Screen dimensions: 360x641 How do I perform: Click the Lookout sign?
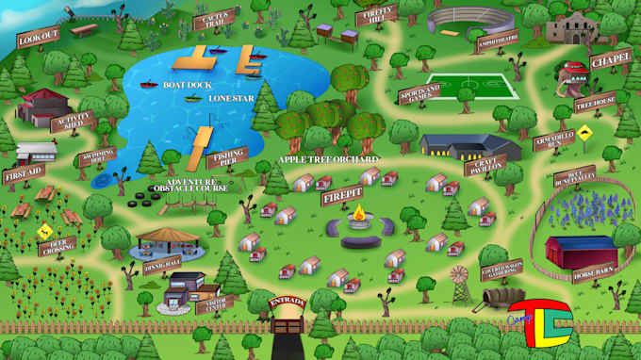(x=39, y=37)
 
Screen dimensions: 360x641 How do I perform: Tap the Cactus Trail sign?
(x=213, y=19)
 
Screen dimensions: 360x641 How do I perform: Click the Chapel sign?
(x=611, y=59)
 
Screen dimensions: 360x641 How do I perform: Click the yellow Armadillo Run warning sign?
(x=584, y=133)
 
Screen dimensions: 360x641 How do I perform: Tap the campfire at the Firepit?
(x=358, y=221)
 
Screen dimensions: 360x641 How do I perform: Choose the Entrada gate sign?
(x=288, y=303)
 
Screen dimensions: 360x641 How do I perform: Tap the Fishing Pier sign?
(x=226, y=157)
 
